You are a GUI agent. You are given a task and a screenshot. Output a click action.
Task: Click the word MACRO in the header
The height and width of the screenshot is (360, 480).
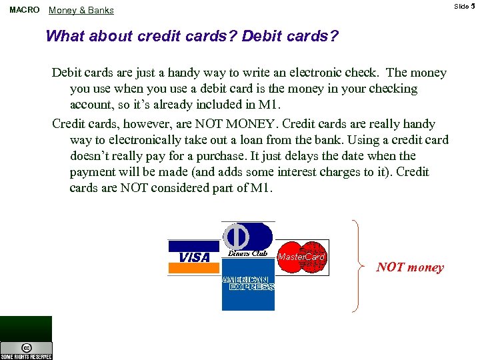pos(24,10)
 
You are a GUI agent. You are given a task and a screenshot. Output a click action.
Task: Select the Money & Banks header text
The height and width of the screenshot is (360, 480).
pos(81,10)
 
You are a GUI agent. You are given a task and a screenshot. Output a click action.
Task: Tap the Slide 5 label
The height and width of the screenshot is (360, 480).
pos(464,6)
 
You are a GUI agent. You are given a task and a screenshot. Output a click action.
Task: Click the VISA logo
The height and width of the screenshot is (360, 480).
pos(194,257)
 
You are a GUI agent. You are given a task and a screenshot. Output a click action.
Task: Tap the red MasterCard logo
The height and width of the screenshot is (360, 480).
pos(301,257)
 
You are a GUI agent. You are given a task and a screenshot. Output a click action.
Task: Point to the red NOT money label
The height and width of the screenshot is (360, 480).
pos(409,267)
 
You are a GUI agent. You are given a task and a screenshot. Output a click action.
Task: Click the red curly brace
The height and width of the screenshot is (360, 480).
pos(360,265)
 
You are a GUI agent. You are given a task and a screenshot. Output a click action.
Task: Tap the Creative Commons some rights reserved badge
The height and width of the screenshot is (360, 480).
pos(26,349)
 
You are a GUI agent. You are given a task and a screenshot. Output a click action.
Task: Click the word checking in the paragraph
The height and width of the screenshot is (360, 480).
pos(390,89)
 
